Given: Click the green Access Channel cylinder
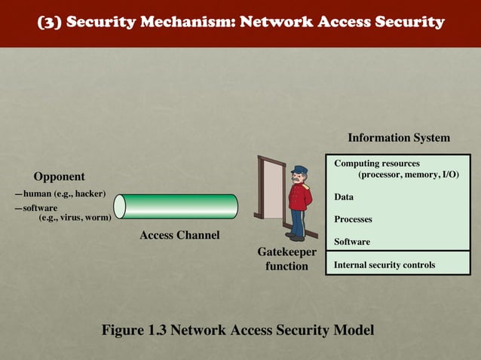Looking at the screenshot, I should (x=179, y=206).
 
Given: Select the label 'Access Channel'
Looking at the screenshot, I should (x=179, y=236).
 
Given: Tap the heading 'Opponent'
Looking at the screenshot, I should (x=59, y=176).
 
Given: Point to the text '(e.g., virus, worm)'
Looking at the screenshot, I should (x=75, y=218).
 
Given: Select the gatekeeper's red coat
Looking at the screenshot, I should (x=300, y=197).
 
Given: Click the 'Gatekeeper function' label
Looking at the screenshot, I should (x=286, y=259).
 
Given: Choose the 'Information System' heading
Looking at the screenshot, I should (x=398, y=138).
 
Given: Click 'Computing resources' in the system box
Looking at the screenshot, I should (x=377, y=163).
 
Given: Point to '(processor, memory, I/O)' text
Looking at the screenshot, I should (x=408, y=175).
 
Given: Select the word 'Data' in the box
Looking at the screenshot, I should (x=344, y=197).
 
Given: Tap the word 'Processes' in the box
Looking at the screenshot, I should (x=353, y=220).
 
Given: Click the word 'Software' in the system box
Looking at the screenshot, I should (x=352, y=242).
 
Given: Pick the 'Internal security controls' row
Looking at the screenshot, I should (x=384, y=265).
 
